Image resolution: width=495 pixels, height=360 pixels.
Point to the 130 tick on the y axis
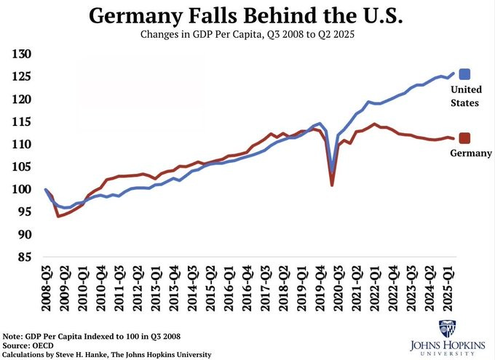pyautogui.click(x=22, y=55)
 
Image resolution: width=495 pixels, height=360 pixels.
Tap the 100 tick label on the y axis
pyautogui.click(x=22, y=190)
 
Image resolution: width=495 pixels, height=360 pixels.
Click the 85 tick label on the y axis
pyautogui.click(x=24, y=257)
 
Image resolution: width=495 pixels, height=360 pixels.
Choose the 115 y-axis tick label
pyautogui.click(x=22, y=122)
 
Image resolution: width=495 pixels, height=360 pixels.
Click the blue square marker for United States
pyautogui.click(x=464, y=73)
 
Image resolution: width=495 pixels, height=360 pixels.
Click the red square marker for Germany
pyautogui.click(x=464, y=138)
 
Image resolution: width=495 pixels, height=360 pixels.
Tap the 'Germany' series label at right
pyautogui.click(x=471, y=153)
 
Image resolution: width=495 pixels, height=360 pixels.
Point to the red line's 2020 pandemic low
pyautogui.click(x=332, y=185)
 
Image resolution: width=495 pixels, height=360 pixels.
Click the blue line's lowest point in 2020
pyautogui.click(x=332, y=172)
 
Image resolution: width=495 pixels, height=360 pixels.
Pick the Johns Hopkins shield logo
pyautogui.click(x=448, y=328)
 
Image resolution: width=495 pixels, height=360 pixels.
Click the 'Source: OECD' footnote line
pyautogui.click(x=33, y=345)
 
